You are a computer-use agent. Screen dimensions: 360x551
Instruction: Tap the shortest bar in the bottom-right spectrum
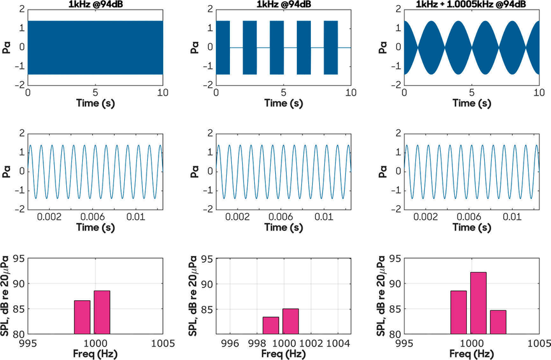[498, 322]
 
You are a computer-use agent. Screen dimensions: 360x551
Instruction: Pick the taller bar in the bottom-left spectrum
[102, 312]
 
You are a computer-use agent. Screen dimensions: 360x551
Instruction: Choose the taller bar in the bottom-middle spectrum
[290, 322]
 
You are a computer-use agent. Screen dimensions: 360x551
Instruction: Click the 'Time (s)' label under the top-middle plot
[283, 103]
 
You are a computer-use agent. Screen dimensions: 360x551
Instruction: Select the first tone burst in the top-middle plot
[222, 48]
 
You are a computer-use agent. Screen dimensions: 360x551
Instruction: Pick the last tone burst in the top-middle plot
[331, 48]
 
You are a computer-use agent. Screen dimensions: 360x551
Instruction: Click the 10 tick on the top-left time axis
[161, 92]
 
